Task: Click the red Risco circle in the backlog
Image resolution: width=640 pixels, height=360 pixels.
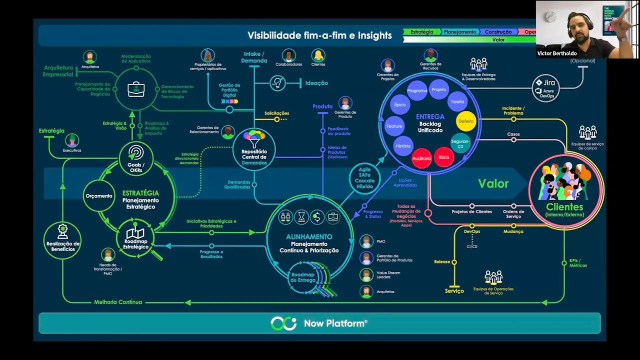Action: [x=443, y=157]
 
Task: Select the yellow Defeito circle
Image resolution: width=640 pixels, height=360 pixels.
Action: [x=465, y=121]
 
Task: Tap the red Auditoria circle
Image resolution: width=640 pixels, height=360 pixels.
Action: [x=421, y=158]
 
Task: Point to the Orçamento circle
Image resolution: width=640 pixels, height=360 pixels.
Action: [x=98, y=196]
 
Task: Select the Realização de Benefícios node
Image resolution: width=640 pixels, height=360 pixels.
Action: [x=62, y=238]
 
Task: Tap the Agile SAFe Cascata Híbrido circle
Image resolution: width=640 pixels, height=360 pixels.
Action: [x=365, y=177]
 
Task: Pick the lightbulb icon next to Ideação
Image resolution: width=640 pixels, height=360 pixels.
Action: [x=277, y=83]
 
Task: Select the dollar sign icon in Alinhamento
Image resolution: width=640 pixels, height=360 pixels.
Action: [x=317, y=216]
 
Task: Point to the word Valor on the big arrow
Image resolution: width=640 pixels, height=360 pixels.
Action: [x=493, y=183]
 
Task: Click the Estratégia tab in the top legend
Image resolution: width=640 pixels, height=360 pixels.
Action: [x=422, y=31]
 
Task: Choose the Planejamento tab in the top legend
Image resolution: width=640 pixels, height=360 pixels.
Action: [x=460, y=31]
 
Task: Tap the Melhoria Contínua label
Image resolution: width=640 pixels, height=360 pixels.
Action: [x=118, y=302]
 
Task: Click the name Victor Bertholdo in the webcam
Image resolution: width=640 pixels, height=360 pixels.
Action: [x=556, y=53]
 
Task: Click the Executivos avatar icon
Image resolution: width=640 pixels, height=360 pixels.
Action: [x=72, y=140]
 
